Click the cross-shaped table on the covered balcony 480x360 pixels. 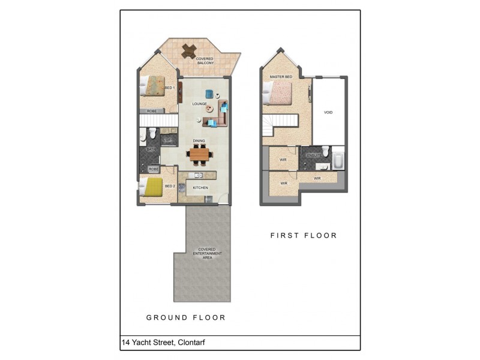click(x=189, y=51)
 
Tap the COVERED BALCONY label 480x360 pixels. click(x=205, y=61)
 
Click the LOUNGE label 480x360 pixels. click(x=199, y=104)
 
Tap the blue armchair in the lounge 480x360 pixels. click(x=209, y=93)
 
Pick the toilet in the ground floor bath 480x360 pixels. click(x=152, y=132)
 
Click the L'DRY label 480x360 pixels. click(x=167, y=140)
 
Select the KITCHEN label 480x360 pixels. click(x=200, y=188)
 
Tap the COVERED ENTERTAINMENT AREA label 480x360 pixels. click(x=208, y=253)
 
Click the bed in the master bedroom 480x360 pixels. click(x=276, y=93)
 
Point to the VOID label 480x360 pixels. click(x=328, y=112)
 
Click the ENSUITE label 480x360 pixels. click(x=314, y=156)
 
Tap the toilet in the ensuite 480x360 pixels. click(x=325, y=150)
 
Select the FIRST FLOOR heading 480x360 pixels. click(x=304, y=236)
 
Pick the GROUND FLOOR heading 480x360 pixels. click(x=186, y=317)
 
